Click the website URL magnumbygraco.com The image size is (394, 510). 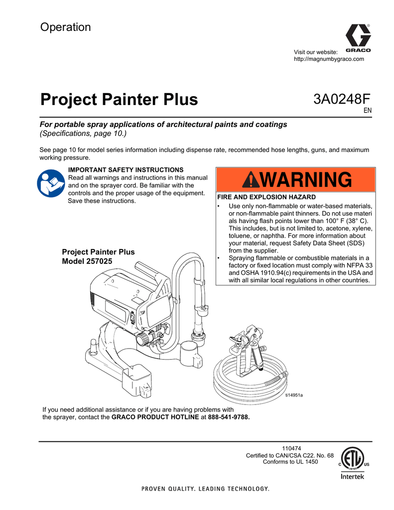(x=329, y=59)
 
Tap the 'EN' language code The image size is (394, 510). (x=367, y=111)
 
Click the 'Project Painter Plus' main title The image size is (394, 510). (x=119, y=100)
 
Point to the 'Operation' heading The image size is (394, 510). (x=65, y=27)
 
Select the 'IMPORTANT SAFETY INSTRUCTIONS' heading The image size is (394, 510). (x=126, y=170)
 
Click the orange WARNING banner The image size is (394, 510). (x=295, y=179)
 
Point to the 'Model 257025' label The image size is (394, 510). (x=87, y=261)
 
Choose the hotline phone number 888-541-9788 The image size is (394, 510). (x=229, y=417)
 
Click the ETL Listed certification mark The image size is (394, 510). (x=352, y=458)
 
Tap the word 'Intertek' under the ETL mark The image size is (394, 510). (x=352, y=477)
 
